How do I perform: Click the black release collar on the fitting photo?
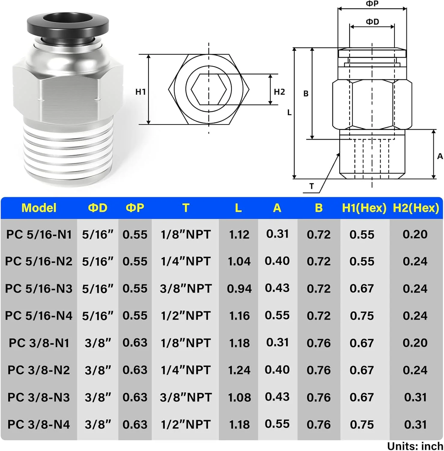coord(68,26)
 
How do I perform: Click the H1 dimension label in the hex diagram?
coord(140,92)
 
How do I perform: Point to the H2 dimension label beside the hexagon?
coord(279,92)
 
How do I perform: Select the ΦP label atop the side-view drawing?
coord(372,4)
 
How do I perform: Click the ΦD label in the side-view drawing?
coord(372,22)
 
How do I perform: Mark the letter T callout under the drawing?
coord(312,186)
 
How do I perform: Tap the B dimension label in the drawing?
coord(306,94)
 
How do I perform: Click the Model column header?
coord(39,208)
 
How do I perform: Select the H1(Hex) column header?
coord(364,208)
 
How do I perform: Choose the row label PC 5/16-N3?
coord(39,289)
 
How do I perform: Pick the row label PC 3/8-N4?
coord(39,425)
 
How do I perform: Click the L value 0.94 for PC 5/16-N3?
coord(239,289)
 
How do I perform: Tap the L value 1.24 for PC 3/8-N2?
coord(239,370)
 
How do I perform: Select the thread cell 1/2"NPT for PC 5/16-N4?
coord(186,316)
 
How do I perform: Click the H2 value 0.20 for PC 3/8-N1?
coord(415,343)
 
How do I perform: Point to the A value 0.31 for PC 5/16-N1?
coord(277,234)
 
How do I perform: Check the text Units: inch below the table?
coord(415,446)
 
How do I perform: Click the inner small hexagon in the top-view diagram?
coord(209,89)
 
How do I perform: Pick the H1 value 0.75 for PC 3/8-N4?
coord(362,425)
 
